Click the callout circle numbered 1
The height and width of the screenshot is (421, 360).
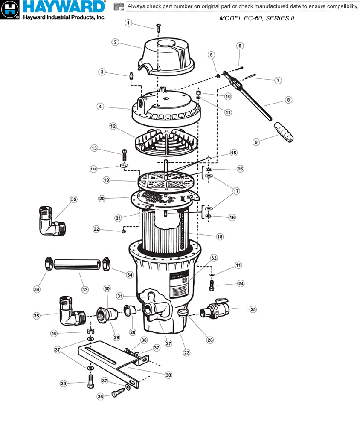click(x=129, y=23)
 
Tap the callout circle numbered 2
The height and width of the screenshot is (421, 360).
click(x=115, y=42)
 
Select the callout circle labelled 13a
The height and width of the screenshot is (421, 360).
click(x=93, y=169)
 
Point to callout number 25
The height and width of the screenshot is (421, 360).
click(x=253, y=309)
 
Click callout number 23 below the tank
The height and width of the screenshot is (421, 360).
click(x=186, y=352)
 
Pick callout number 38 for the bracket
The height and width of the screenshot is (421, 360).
click(x=168, y=375)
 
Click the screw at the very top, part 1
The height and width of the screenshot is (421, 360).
click(x=159, y=29)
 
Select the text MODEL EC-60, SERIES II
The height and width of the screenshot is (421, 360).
click(x=257, y=18)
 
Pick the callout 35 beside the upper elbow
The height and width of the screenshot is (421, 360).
click(x=74, y=199)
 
